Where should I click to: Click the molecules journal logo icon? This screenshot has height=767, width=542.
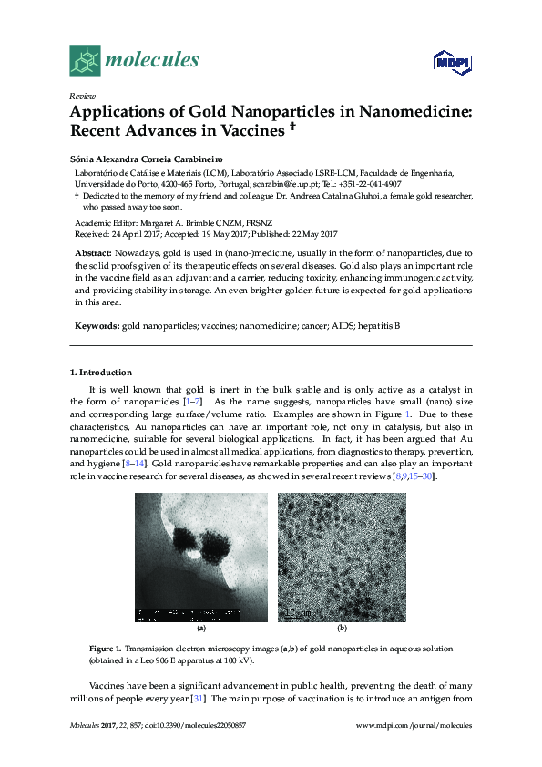(x=86, y=60)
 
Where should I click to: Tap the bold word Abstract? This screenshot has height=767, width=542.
(x=92, y=252)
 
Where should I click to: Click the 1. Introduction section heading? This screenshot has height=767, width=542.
(x=101, y=373)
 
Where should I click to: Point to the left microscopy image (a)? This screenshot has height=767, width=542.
(x=201, y=557)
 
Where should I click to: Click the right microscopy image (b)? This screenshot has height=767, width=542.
(x=342, y=557)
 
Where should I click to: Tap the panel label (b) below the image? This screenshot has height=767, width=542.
(x=343, y=629)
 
